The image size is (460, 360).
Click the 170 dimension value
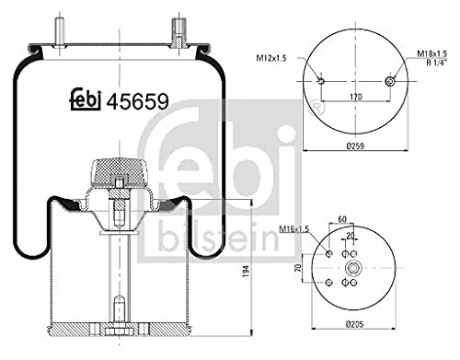click(x=355, y=96)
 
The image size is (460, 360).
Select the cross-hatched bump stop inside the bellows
click(x=121, y=174)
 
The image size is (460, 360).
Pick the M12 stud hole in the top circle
click(x=319, y=82)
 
